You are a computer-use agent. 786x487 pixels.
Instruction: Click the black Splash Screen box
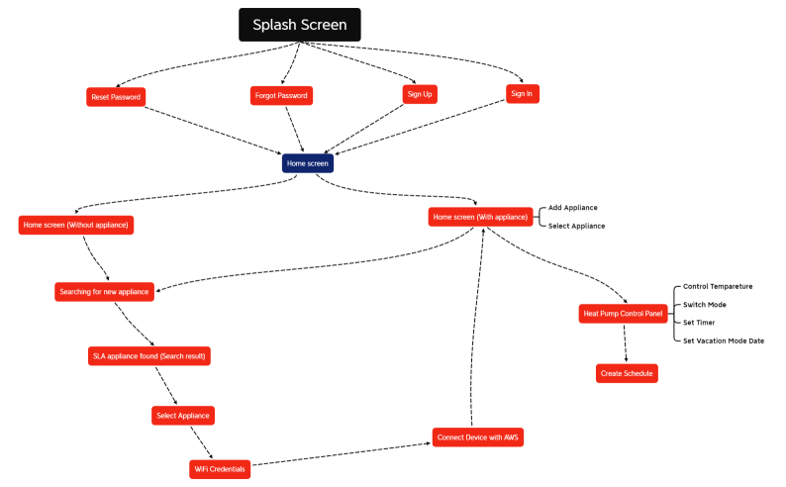300,25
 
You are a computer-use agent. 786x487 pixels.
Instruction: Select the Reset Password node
116,96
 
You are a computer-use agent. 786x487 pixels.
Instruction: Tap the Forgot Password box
281,96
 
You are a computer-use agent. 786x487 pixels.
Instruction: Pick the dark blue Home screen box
307,163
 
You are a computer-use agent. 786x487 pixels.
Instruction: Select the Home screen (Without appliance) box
75,225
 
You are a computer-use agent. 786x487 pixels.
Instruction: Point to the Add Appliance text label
573,208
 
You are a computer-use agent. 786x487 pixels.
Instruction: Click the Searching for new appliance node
104,291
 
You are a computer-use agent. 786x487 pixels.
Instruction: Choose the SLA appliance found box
149,354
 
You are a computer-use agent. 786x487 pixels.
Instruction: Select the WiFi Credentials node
220,468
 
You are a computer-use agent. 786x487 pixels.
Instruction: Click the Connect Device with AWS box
477,438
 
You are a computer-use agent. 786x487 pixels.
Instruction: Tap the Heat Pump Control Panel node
623,314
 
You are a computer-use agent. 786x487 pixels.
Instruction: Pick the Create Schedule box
627,373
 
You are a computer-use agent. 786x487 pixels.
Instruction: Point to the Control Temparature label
718,286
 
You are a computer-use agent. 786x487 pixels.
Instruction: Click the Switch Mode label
705,305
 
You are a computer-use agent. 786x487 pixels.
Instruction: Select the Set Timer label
699,323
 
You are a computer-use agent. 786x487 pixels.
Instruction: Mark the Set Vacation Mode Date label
724,341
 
